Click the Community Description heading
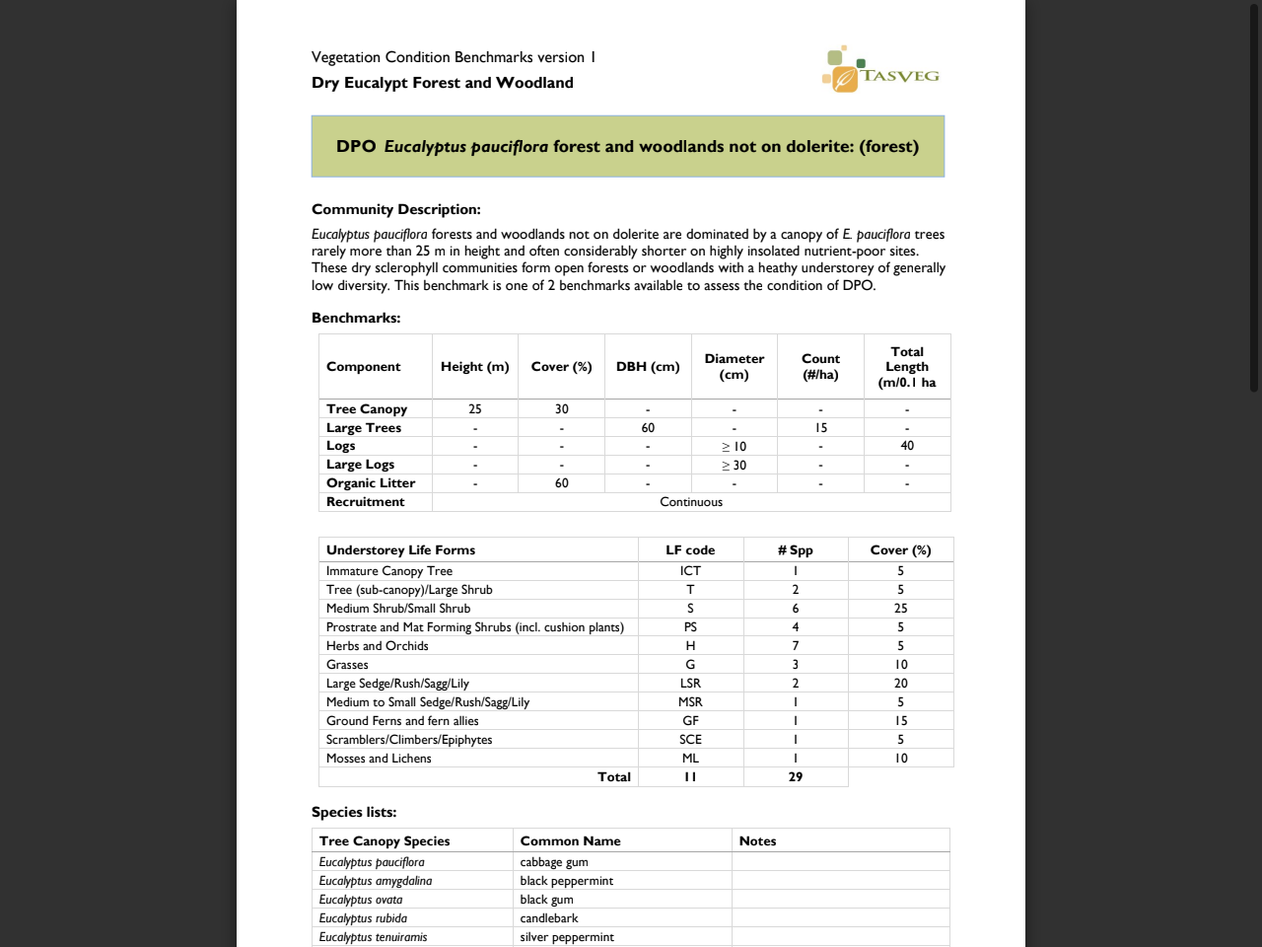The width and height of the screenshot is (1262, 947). pos(396,209)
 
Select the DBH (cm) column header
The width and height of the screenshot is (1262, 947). pos(648,367)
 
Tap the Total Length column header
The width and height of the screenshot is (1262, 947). pos(907,367)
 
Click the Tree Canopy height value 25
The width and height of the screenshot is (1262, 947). pos(475,409)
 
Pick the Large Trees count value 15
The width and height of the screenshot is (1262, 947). pos(820,428)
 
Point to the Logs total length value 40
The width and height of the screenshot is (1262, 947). pos(907,446)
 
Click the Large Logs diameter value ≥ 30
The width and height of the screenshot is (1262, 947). pos(734,466)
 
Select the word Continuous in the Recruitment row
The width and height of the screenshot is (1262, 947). pos(691,502)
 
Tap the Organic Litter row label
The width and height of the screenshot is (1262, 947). pos(371,483)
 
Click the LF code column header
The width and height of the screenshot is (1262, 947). pos(690,550)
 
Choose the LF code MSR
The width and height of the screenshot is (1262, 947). pos(690,702)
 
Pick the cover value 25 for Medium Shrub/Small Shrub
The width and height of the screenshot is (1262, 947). pos(900,609)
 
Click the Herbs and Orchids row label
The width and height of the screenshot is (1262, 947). pos(378,646)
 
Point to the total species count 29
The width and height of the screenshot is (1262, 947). pos(796,777)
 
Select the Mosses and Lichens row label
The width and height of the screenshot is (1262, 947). pos(379,759)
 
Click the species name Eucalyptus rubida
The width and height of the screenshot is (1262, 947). pos(363,918)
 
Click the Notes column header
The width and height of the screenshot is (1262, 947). pos(757,841)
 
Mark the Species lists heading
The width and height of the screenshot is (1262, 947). pos(354,812)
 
